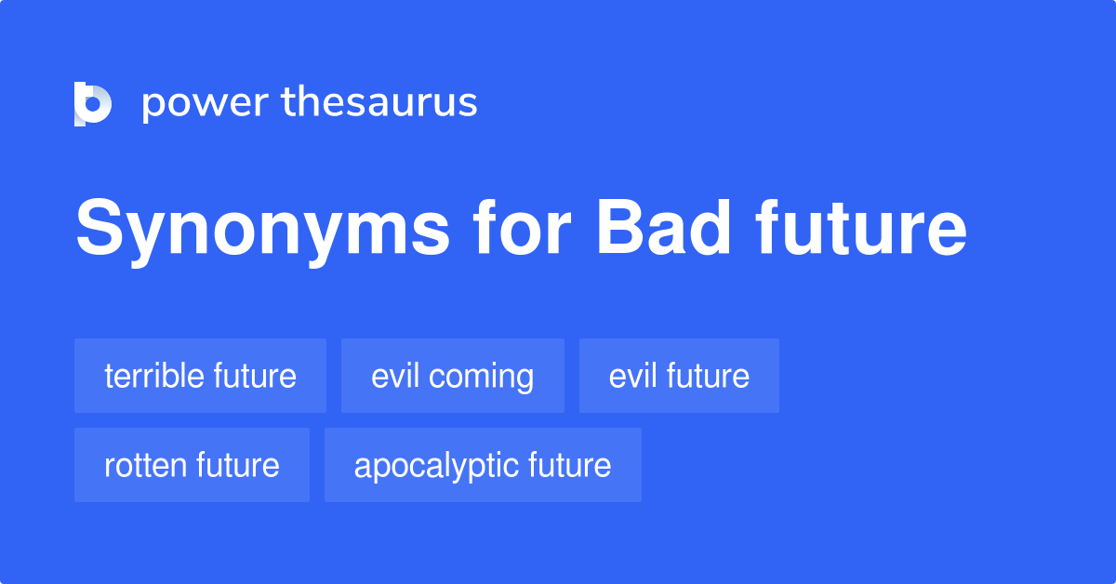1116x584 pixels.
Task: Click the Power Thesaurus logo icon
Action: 93,103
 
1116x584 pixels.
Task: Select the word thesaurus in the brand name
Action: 379,102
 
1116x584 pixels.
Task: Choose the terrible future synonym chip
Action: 200,376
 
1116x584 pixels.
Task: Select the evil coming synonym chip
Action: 452,376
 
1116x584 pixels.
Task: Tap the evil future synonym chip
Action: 679,376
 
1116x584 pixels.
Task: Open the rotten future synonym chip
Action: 192,465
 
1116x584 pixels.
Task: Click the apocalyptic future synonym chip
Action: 483,465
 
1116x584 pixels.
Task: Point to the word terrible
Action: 154,376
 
